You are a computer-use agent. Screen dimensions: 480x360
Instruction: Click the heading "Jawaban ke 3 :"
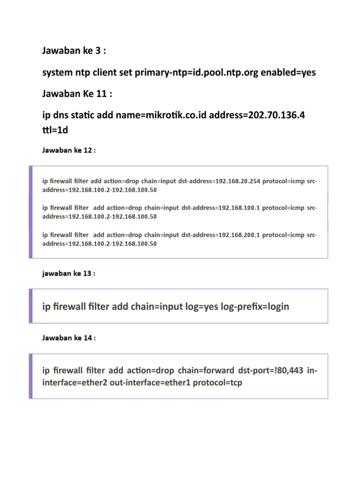74,51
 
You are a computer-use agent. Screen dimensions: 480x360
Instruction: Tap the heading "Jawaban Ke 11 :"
77,94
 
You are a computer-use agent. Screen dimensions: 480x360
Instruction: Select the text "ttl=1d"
55,130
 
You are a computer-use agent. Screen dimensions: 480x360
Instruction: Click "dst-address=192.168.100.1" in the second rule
221,208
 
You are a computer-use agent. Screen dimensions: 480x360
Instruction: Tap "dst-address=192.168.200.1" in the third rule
221,235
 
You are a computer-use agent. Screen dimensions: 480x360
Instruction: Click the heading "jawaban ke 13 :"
68,274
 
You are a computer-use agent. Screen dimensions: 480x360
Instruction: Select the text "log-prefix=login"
257,307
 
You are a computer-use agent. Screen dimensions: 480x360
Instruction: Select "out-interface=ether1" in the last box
148,382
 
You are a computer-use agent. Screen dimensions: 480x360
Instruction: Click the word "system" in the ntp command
56,73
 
